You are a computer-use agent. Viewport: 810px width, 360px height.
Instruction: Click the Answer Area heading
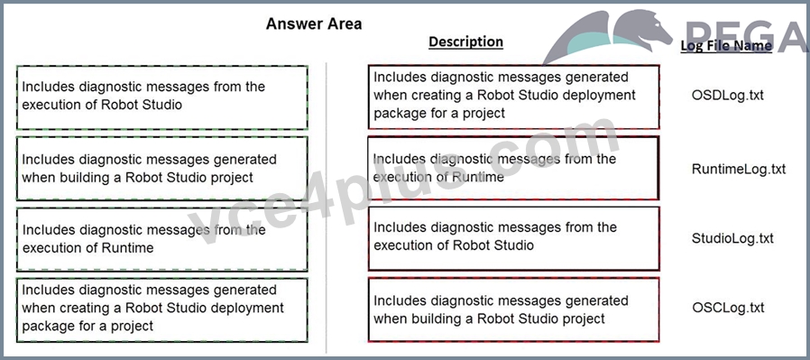click(x=314, y=23)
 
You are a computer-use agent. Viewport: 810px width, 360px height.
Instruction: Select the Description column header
click(x=466, y=42)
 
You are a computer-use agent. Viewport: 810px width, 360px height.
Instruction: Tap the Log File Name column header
click(x=726, y=45)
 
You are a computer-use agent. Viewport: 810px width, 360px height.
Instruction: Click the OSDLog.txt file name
click(x=727, y=96)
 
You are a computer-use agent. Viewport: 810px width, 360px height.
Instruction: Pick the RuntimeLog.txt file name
click(x=739, y=169)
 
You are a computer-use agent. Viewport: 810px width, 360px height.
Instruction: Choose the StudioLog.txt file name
click(x=732, y=238)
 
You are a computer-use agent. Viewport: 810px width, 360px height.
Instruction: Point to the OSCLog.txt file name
click(x=727, y=308)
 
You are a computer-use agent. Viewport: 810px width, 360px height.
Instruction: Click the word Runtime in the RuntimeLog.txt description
click(x=478, y=178)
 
